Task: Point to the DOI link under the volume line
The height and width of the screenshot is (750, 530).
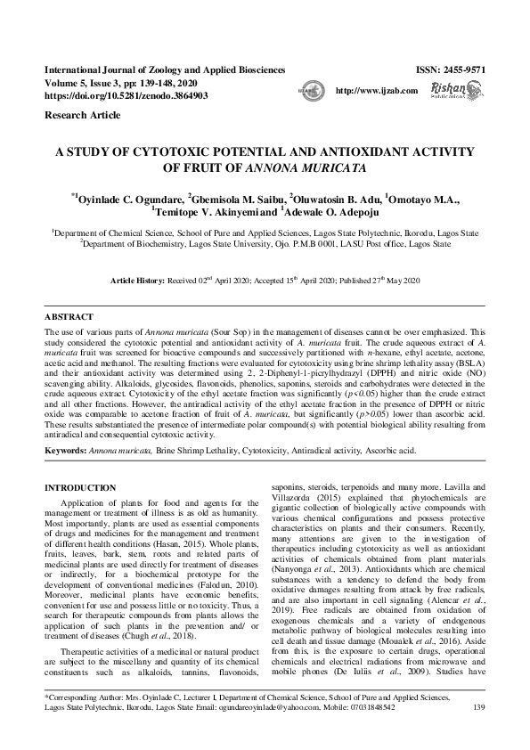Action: point(126,94)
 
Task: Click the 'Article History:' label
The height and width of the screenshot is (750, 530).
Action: point(138,280)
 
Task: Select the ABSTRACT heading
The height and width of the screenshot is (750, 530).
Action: point(69,317)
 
